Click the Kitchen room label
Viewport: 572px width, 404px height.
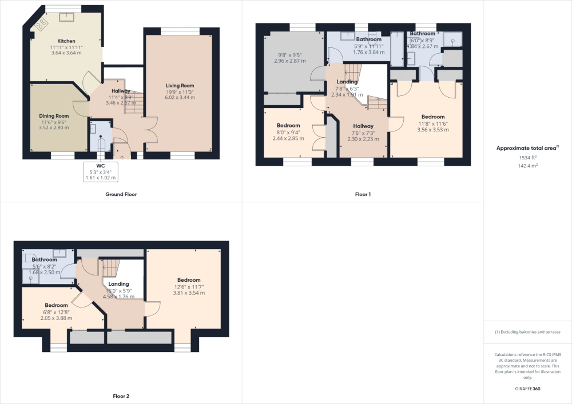click(x=66, y=41)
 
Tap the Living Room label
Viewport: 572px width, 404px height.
click(x=180, y=86)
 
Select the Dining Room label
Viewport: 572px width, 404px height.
click(x=54, y=116)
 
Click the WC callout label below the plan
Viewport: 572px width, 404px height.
click(x=101, y=166)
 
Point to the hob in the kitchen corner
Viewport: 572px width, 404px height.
click(x=41, y=24)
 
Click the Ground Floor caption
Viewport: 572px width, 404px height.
click(x=121, y=194)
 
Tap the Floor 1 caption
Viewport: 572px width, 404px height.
click(x=363, y=194)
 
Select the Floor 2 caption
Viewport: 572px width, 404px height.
click(x=121, y=396)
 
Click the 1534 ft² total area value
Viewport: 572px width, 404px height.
click(x=528, y=158)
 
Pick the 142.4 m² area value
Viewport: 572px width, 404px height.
click(x=528, y=166)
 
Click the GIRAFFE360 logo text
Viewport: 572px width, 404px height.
click(x=528, y=389)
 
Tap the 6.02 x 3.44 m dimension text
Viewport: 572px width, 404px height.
click(x=180, y=97)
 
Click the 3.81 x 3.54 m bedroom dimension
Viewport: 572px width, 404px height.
click(x=189, y=293)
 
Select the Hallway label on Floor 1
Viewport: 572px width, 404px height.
click(x=363, y=126)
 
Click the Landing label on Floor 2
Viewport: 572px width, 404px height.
click(x=118, y=284)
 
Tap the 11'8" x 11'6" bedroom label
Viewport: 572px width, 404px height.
click(x=433, y=123)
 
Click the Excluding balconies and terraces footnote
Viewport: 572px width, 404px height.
click(x=528, y=332)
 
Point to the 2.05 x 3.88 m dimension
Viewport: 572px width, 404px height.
click(x=56, y=318)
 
